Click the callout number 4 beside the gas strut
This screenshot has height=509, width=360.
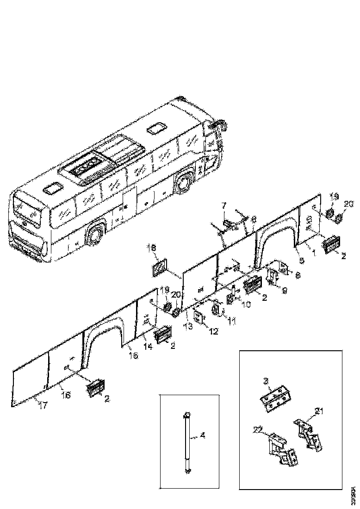(202, 435)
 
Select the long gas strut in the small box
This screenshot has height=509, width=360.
(186, 442)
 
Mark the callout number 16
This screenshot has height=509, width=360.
(66, 395)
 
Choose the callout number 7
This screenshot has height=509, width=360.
(223, 205)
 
